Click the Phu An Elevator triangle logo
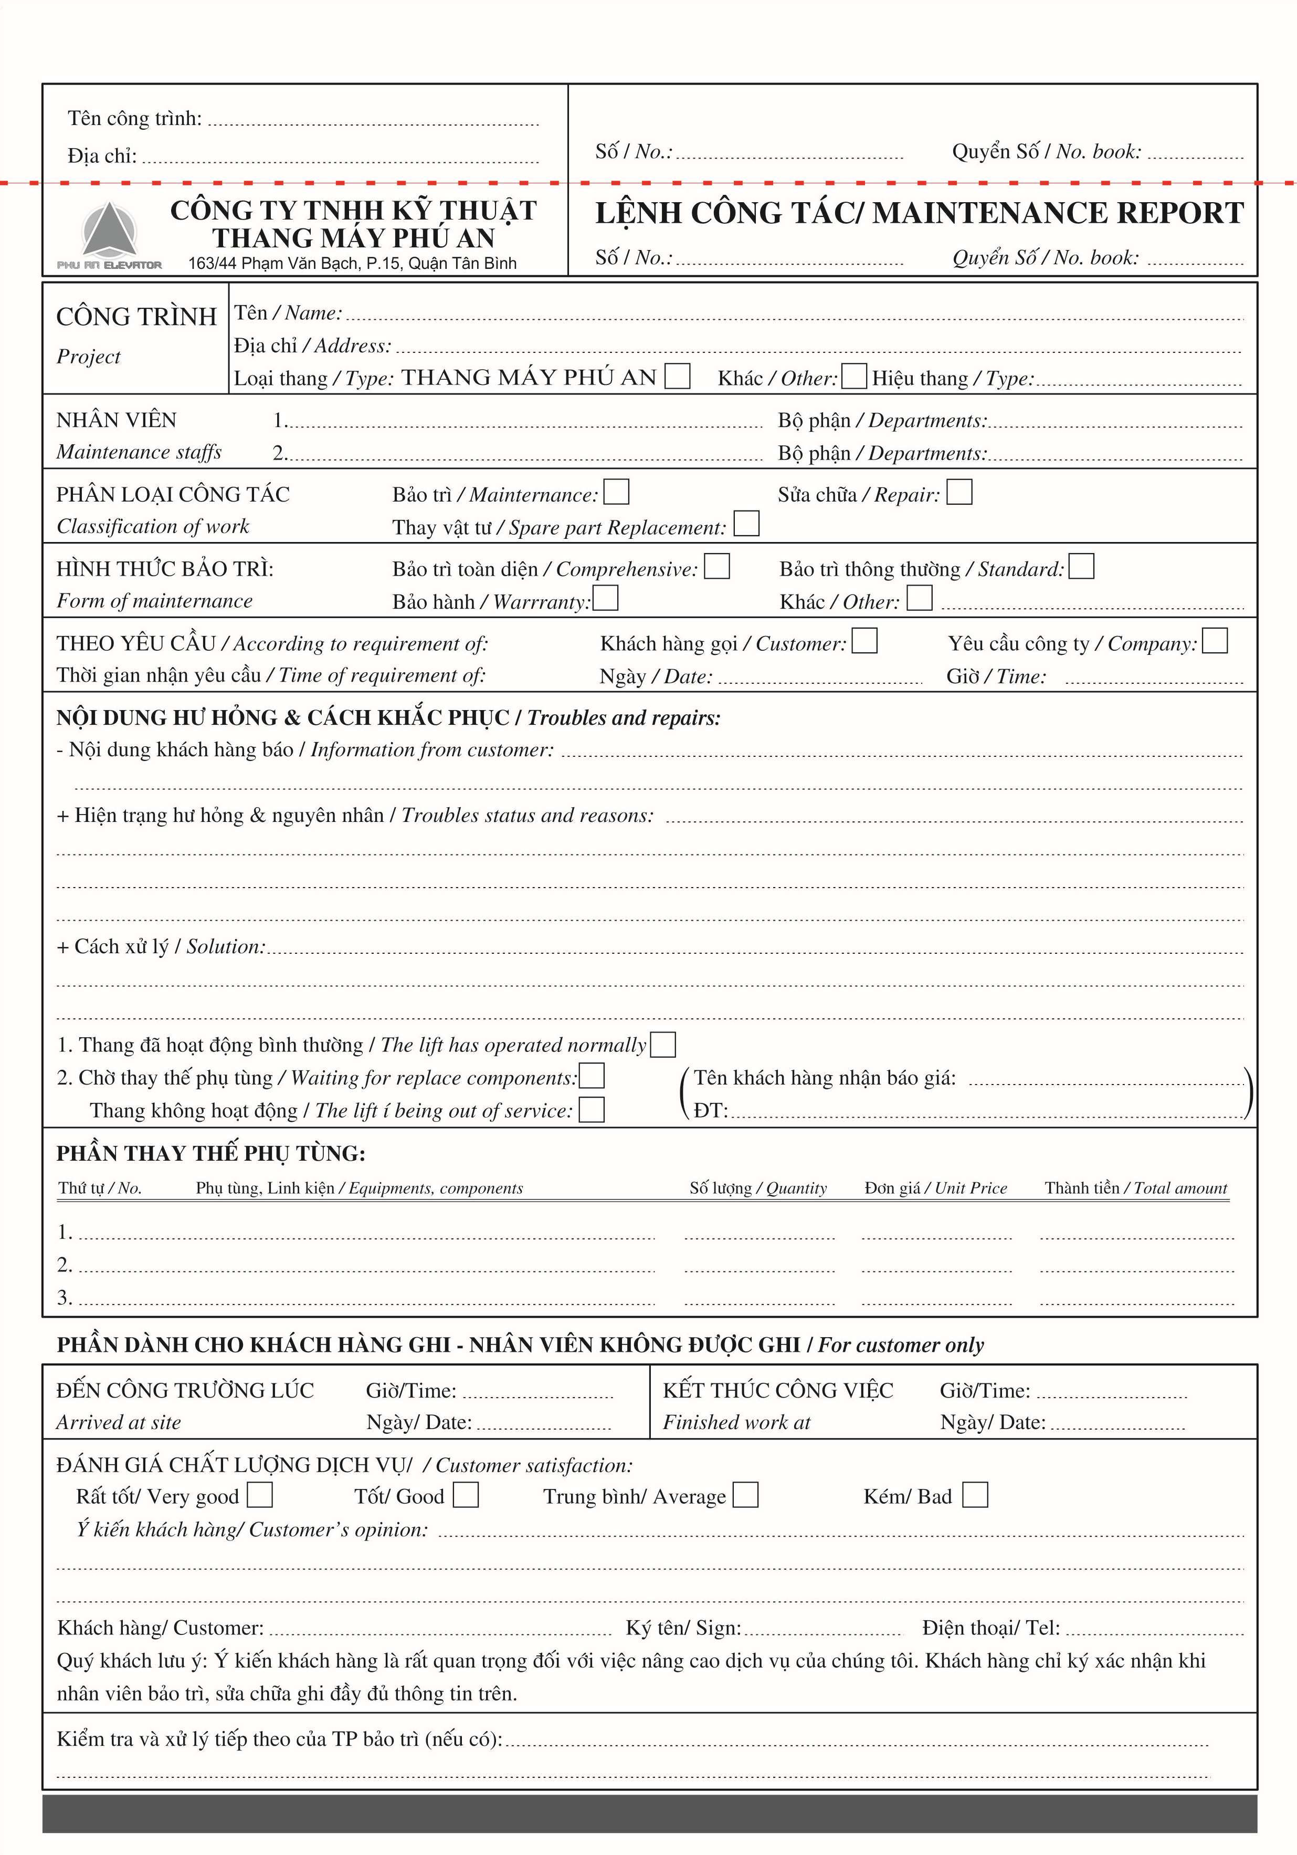109,230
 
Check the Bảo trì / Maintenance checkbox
616,492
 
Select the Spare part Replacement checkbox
746,524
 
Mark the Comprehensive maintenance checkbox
716,566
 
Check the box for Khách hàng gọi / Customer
864,641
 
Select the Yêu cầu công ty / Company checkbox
1214,641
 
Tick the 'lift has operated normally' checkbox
662,1045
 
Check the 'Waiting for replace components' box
592,1076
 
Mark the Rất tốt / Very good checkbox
259,1495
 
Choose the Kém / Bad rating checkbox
975,1495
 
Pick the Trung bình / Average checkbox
745,1495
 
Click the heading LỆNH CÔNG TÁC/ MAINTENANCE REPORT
919,213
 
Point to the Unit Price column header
935,1187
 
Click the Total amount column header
1135,1187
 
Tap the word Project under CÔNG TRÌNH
88,356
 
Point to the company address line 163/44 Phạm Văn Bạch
352,263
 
